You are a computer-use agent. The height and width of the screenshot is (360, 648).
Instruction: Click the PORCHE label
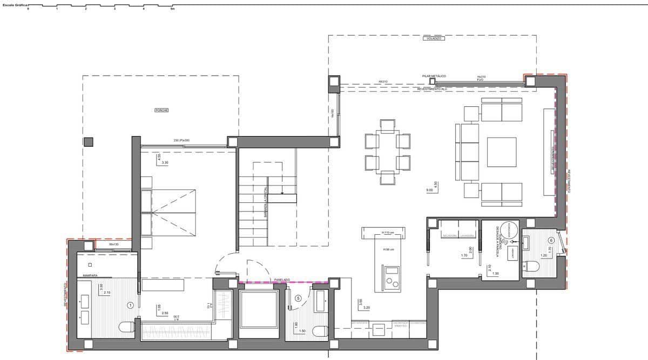pos(161,110)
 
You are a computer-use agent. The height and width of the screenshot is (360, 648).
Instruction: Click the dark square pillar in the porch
pos(89,142)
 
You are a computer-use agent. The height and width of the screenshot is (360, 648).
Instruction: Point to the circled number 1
pos(130,305)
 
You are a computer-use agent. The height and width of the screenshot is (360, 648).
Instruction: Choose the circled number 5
pos(298,298)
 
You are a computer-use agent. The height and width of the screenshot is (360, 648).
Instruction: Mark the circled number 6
pos(551,240)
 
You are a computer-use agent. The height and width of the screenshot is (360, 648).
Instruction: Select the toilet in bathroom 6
pos(532,266)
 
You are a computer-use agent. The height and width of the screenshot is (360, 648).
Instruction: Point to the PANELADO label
pos(282,280)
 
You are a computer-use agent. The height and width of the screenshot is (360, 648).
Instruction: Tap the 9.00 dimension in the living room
pos(429,190)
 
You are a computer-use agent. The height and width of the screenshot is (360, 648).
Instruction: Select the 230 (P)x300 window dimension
pos(181,140)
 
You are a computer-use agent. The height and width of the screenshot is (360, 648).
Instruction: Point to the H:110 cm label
pos(388,233)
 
